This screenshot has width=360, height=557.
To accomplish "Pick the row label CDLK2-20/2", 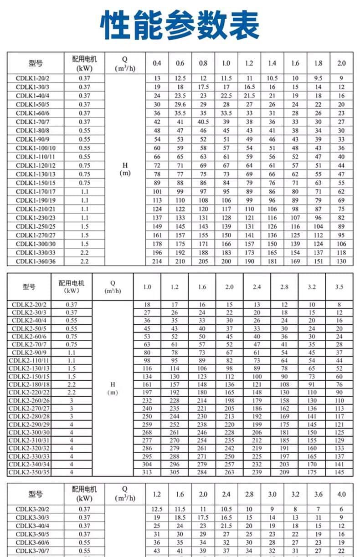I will (29, 304).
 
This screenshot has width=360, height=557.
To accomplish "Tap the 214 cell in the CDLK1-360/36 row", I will (157, 261).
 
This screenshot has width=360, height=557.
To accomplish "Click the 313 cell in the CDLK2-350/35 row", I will (147, 472).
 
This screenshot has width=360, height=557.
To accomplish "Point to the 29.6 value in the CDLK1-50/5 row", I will (180, 104).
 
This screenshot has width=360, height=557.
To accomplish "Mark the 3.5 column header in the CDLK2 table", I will (339, 287).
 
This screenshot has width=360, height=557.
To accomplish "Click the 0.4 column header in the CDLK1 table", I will (157, 63).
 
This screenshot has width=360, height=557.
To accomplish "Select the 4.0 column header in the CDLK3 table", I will (341, 494).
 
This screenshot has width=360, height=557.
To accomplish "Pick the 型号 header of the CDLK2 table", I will (29, 287).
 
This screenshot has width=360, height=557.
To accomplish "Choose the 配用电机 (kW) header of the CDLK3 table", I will (84, 494).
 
